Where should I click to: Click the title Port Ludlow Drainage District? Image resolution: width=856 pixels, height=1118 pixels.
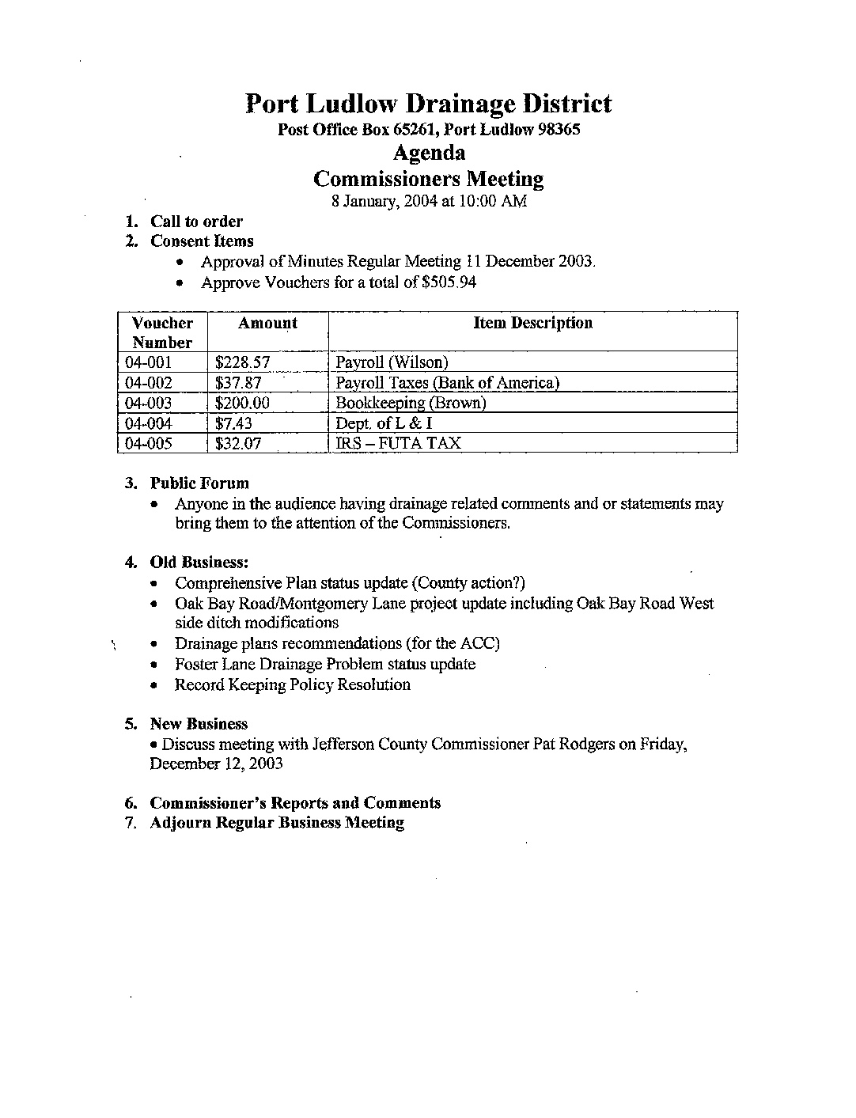click(428, 104)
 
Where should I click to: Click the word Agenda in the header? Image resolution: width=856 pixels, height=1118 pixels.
click(429, 153)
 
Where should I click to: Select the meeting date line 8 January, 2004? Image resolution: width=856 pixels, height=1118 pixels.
click(429, 201)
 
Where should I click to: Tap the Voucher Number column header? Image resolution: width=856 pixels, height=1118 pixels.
click(162, 332)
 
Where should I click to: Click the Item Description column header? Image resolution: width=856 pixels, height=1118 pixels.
click(532, 323)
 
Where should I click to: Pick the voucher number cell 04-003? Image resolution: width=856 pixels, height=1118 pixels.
click(149, 403)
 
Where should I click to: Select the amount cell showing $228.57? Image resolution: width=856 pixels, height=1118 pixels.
click(243, 362)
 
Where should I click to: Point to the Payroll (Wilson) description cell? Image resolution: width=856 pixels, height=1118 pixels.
click(392, 362)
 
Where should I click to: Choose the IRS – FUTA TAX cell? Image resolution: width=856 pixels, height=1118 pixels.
click(398, 443)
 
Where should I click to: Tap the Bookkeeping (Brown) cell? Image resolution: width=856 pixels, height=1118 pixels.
click(411, 403)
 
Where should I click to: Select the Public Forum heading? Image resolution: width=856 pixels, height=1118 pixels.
click(199, 483)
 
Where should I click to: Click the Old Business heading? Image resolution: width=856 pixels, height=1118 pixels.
click(199, 563)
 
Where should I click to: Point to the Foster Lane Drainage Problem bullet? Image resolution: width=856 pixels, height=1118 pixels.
click(325, 664)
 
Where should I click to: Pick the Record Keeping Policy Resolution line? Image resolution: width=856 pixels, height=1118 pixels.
click(293, 684)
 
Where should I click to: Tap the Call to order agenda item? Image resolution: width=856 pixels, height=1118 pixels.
click(196, 222)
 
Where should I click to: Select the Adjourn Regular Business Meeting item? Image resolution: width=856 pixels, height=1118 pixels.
click(277, 823)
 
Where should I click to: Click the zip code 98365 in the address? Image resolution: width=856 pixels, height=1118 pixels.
click(559, 130)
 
